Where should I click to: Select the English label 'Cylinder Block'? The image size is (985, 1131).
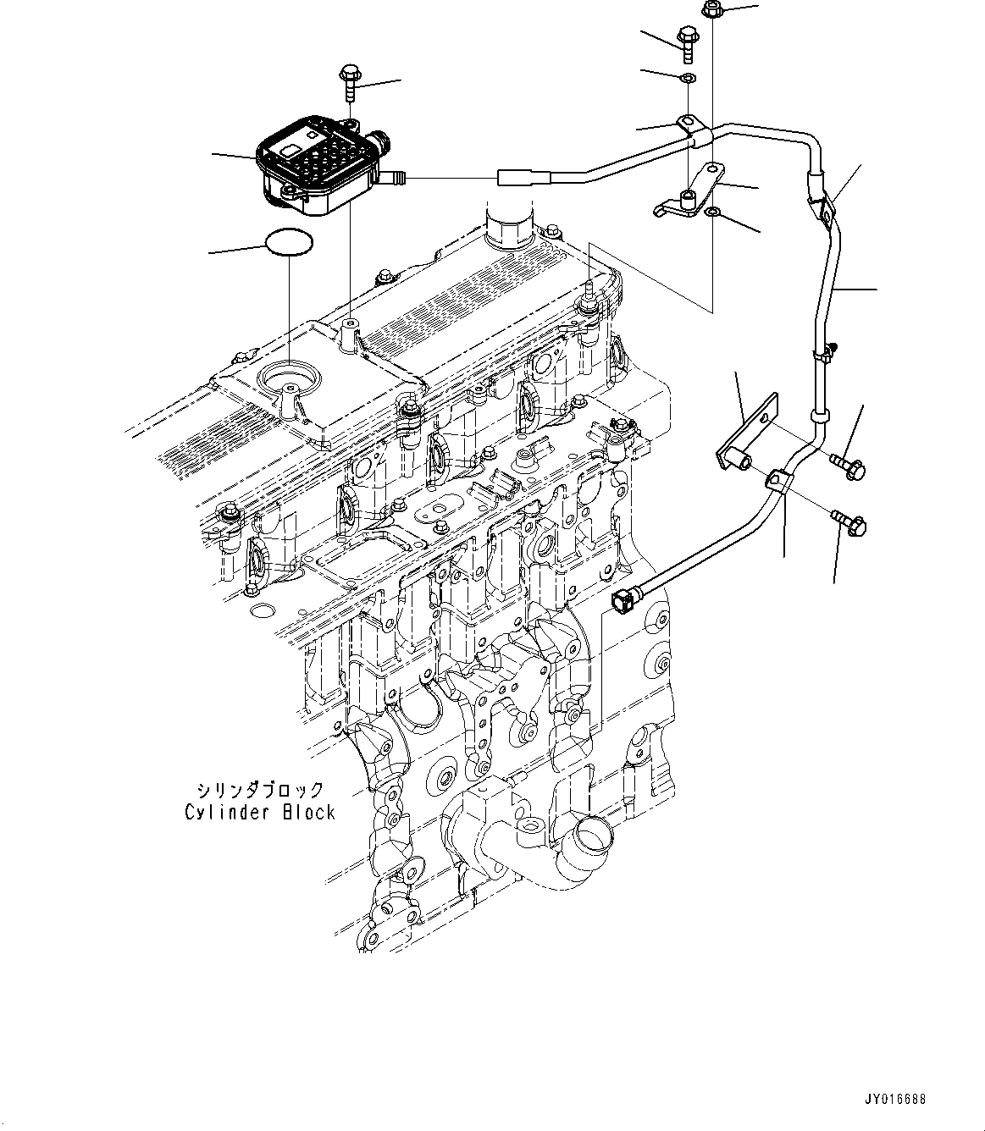coord(260,813)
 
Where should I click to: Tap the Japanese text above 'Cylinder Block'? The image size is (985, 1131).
coord(260,791)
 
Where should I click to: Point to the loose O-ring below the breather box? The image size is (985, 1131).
coord(288,242)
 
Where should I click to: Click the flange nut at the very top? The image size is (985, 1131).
coord(711,10)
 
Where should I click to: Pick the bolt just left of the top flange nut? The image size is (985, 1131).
coord(686,42)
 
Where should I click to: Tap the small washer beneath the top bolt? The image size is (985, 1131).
coord(689,79)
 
